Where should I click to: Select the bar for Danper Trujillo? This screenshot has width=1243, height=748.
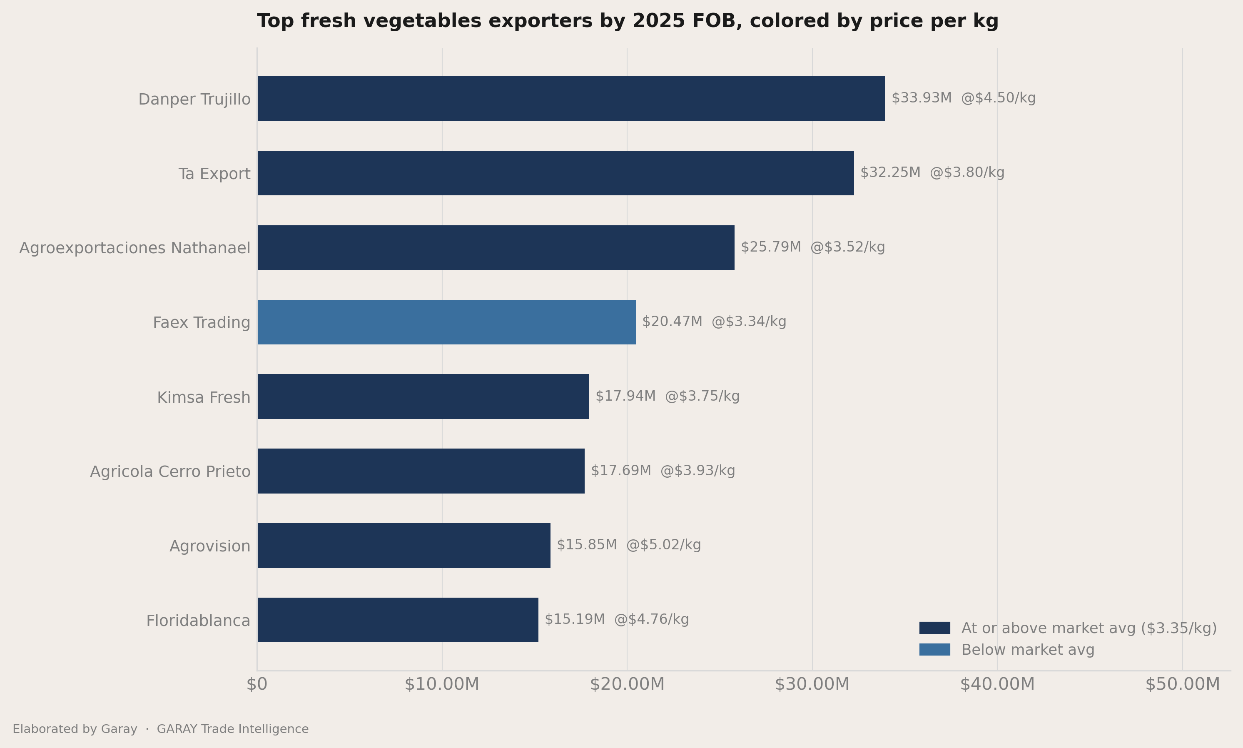coord(571,98)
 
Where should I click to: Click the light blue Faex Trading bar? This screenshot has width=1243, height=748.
coord(446,322)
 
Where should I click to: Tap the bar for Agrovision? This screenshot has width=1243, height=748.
coord(404,545)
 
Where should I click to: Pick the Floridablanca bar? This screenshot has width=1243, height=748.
coord(398,620)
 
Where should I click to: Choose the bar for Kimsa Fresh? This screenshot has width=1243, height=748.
coord(423,396)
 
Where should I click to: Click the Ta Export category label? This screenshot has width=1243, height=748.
coord(214,174)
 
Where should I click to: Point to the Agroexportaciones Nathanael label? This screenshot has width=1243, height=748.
coord(135,248)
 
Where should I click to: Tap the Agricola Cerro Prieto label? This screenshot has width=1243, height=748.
coord(170,472)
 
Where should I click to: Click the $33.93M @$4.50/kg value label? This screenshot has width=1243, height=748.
coord(963,98)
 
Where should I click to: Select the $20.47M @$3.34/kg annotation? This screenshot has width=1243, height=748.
coord(714,322)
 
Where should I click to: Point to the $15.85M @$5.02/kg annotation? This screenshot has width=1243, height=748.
coord(629,545)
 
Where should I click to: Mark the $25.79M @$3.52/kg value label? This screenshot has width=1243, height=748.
coord(813,247)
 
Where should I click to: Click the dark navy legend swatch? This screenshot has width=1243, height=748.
coord(934,628)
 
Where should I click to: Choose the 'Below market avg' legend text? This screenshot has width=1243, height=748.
coord(1028,650)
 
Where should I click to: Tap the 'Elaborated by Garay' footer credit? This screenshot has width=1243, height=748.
coord(75,729)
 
